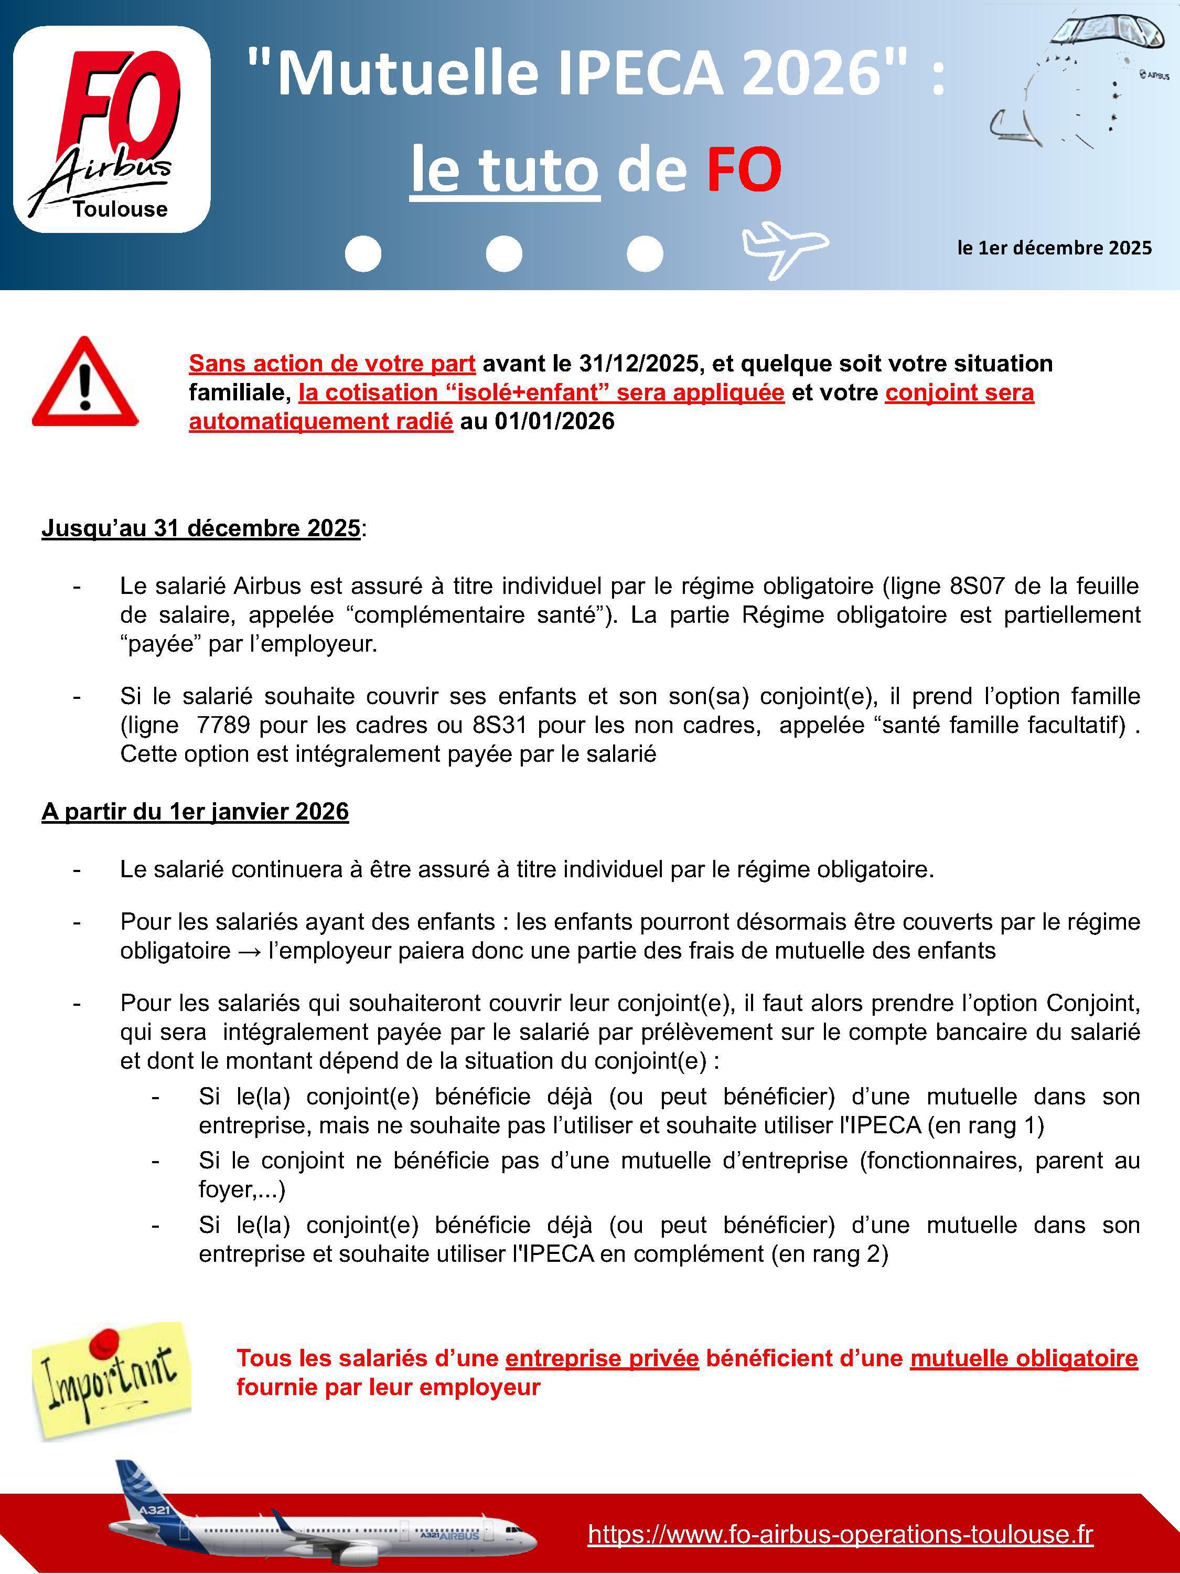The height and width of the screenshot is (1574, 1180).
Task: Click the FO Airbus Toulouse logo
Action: pos(112,130)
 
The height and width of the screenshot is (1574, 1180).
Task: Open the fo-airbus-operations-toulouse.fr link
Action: pos(840,1534)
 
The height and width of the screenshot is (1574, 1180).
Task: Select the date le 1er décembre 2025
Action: pos(1054,248)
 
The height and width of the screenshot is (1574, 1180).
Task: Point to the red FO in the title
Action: pos(744,169)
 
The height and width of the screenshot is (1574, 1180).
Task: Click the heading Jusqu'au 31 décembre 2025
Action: pos(200,528)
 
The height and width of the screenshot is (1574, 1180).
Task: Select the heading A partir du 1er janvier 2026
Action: pos(195,811)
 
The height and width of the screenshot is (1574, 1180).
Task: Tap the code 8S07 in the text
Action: pos(977,586)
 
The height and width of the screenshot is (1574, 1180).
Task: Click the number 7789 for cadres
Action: pos(223,725)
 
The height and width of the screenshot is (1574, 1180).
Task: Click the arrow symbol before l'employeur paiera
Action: pos(249,951)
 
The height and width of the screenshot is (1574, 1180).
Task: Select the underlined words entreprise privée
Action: pos(602,1358)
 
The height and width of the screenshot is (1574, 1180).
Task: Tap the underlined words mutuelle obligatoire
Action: pos(1024,1358)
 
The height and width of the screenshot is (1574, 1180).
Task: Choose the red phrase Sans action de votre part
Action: pos(332,364)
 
